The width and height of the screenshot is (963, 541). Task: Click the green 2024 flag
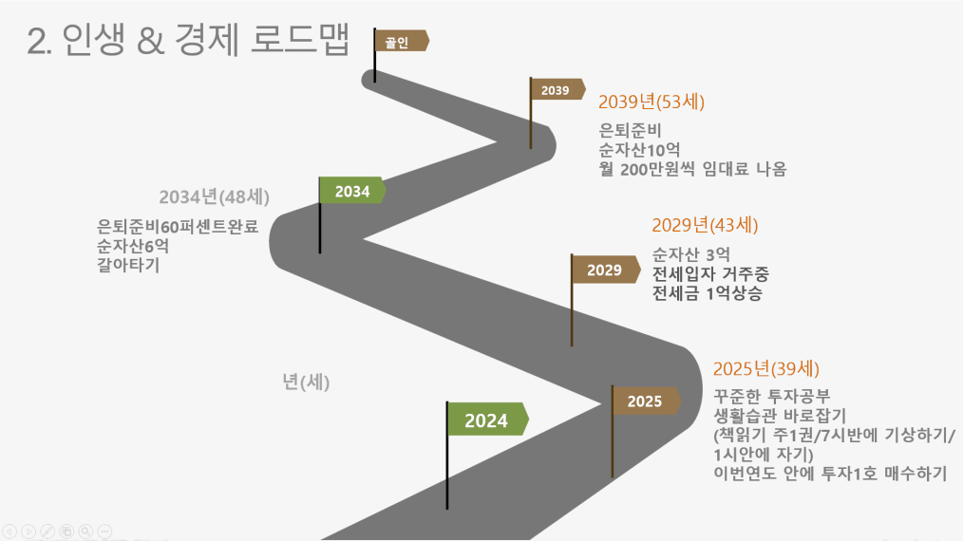point(487,420)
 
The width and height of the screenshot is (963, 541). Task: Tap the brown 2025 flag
point(646,401)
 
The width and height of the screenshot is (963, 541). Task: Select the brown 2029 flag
point(606,270)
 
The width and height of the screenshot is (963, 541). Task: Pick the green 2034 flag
point(352,191)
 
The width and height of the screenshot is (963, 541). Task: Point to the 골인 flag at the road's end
point(402,41)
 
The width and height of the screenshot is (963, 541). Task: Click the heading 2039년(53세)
point(651,102)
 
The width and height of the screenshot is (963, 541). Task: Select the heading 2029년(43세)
point(705,225)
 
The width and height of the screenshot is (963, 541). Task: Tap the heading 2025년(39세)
point(765,369)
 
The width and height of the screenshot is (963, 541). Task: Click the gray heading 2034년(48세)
point(215,197)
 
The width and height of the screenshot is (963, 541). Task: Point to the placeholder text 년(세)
point(306,382)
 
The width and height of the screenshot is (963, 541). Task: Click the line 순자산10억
point(639,150)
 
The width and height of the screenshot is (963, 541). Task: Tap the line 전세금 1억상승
point(707,293)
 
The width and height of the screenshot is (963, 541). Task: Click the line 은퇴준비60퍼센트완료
point(178,227)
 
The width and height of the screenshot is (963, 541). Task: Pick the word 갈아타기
point(128,266)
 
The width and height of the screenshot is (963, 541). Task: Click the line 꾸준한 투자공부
point(772,396)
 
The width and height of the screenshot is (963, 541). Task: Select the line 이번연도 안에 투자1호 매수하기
point(830,474)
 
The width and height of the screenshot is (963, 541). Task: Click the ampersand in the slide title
point(151,41)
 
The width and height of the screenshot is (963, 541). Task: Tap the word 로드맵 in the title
point(300,39)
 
